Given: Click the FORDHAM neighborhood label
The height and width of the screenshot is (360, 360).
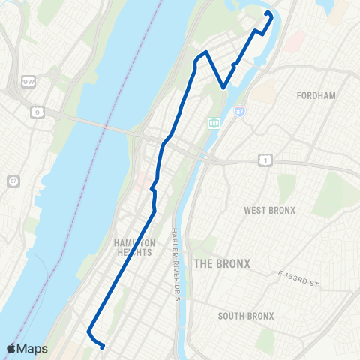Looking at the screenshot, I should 315,96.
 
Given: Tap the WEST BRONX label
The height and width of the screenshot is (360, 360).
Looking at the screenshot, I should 270,210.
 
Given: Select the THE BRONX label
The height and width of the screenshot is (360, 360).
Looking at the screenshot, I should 221,263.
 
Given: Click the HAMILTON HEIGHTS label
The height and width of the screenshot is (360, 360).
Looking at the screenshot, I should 135,247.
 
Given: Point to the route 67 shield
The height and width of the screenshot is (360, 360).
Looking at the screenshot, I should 13,181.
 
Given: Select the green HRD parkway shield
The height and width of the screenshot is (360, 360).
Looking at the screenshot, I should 213,123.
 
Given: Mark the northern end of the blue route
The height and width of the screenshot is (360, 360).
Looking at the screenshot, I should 268,13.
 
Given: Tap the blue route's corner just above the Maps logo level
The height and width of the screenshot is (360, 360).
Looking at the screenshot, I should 88,331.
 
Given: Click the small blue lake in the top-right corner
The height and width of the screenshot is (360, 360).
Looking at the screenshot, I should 328,7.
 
